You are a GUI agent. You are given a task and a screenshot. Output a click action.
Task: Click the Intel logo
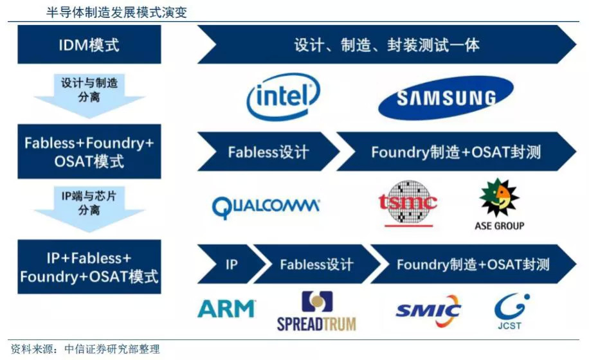[284, 97]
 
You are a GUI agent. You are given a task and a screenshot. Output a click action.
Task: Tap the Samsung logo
[446, 98]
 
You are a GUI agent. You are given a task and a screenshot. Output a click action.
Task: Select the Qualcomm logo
[266, 206]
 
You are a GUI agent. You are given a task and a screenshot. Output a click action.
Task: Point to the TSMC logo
[407, 202]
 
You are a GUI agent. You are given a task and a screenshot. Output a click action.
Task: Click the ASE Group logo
[499, 204]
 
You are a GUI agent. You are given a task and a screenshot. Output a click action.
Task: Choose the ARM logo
[226, 309]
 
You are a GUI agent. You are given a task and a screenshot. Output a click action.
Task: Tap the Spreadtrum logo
[316, 312]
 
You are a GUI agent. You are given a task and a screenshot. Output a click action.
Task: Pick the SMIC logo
[428, 311]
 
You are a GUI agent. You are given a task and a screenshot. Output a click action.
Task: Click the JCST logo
[512, 311]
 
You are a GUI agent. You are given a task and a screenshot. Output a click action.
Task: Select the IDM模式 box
[89, 46]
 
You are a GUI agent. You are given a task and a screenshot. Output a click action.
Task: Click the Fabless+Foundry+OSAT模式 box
[89, 152]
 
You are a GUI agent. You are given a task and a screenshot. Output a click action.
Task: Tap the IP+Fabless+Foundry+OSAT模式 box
[89, 267]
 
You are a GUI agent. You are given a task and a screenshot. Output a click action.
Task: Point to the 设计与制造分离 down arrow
[89, 94]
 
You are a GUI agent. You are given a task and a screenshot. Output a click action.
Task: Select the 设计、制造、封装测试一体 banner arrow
[386, 46]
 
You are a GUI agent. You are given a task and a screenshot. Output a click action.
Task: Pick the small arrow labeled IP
[230, 264]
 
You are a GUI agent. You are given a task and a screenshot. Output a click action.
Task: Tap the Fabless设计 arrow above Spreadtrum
[315, 264]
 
